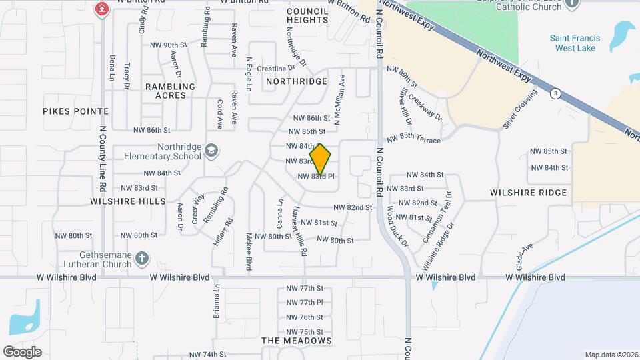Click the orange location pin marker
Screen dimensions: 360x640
[321, 159]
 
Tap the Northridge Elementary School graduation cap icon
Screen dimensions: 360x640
[211, 151]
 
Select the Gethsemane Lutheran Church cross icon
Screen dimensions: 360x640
[141, 258]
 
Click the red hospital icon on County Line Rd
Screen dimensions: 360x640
[101, 9]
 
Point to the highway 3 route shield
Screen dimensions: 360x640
[555, 93]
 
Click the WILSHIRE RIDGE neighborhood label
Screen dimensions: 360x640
[528, 193]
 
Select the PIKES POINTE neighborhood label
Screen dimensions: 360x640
[75, 111]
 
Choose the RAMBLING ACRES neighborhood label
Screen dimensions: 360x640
[170, 91]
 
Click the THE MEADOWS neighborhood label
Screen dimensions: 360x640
[297, 341]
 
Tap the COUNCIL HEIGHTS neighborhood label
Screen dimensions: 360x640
[307, 15]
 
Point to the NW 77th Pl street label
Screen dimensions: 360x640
[305, 303]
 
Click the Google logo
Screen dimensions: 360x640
[23, 351]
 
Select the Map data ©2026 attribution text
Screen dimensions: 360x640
[611, 355]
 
